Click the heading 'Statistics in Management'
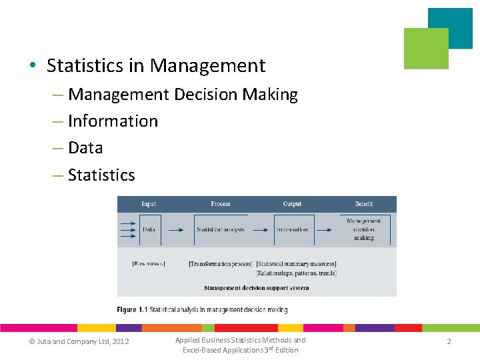click(156, 66)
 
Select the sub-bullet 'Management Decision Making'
click(183, 95)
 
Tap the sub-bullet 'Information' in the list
click(113, 121)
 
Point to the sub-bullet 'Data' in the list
click(85, 148)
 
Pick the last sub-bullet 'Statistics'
click(101, 175)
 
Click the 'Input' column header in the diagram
click(149, 204)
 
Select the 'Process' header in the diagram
click(220, 204)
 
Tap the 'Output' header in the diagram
click(292, 204)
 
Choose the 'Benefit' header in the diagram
click(364, 204)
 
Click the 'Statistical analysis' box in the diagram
click(221, 229)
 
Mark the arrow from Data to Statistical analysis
click(175, 230)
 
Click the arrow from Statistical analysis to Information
click(260, 230)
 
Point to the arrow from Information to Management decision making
click(325, 230)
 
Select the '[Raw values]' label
click(148, 264)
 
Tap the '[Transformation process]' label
click(220, 264)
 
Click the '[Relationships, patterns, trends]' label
click(297, 273)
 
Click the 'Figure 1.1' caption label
click(132, 310)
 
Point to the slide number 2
click(449, 341)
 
